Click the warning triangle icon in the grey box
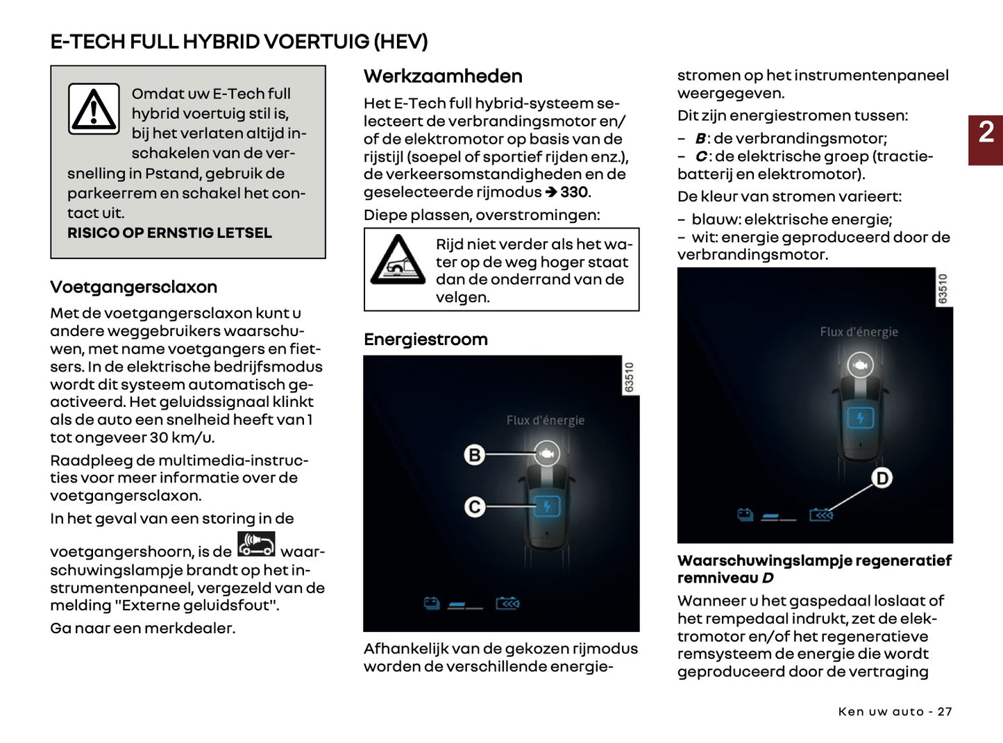coord(94,109)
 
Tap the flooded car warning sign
coord(397,260)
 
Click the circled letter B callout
coord(475,455)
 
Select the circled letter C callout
coord(475,507)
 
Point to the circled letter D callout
coord(882,478)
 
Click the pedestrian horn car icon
coord(256,544)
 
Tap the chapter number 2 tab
coord(986,133)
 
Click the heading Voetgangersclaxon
coord(133,287)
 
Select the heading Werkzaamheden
coord(443,76)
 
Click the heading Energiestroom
coord(425,340)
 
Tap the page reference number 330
coord(574,192)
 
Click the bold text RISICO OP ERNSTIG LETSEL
coord(169,233)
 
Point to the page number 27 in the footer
coord(945,712)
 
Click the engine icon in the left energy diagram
coord(547,454)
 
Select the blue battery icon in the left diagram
coord(547,506)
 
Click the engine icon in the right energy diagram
coord(861,365)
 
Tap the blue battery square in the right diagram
coord(861,418)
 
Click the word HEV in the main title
coord(401,42)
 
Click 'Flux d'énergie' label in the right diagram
coord(859,332)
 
